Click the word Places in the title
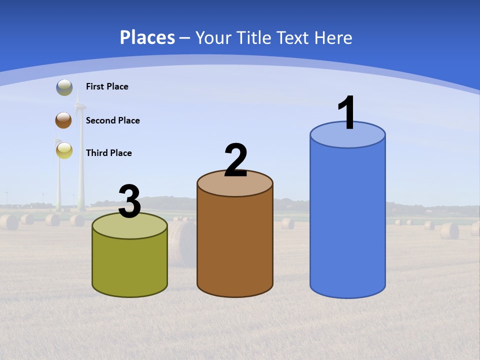point(147,37)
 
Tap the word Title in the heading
point(255,37)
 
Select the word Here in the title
point(335,37)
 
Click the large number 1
point(347,112)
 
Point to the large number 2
point(236,160)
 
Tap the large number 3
point(129,201)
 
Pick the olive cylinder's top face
point(129,228)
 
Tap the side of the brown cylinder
point(235,245)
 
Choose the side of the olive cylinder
point(129,265)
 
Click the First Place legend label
point(107,86)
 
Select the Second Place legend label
point(112,120)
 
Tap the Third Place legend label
point(108,153)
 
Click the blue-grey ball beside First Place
point(64,87)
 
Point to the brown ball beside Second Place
point(63,120)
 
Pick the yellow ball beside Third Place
point(64,150)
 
